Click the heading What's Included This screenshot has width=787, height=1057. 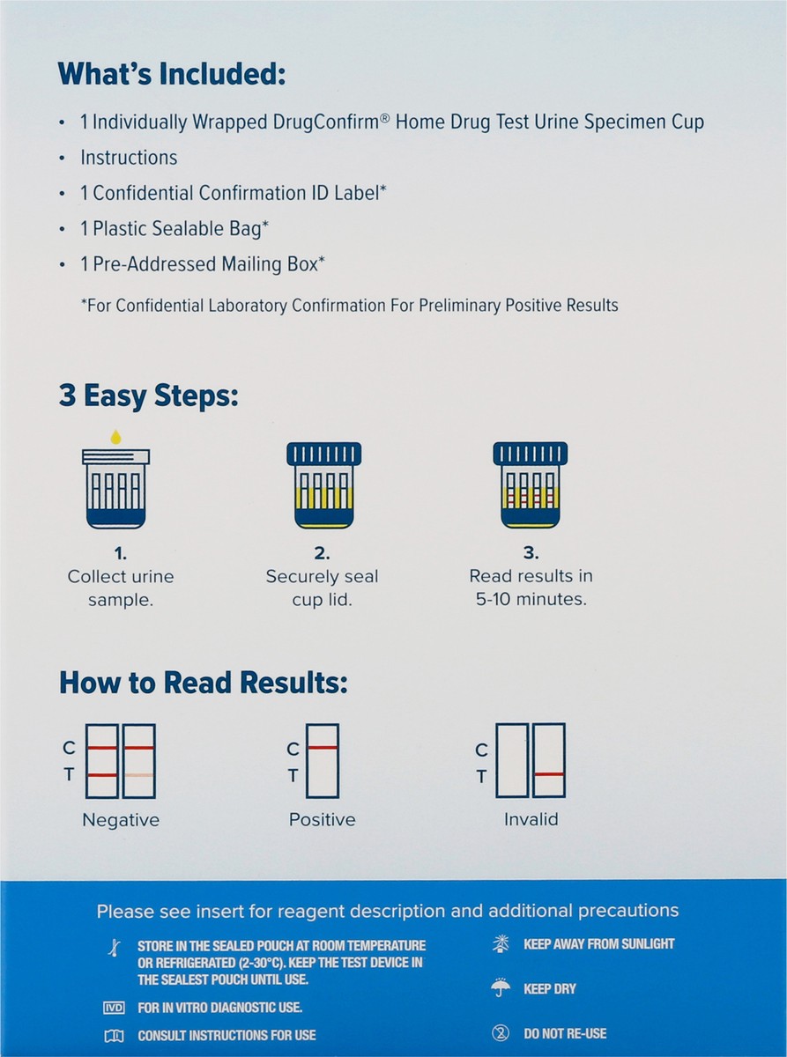coord(173,74)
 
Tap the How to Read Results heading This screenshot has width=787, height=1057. coord(204,683)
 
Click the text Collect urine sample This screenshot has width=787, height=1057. coord(121,587)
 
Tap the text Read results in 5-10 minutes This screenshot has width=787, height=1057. coord(531,587)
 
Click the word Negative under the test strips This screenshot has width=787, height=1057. coord(121,820)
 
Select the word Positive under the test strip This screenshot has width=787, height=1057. coord(323,819)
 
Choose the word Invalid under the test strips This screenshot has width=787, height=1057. coord(531,819)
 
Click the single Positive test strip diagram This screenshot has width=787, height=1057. coord(323,760)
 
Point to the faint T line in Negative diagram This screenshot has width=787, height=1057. coord(138,775)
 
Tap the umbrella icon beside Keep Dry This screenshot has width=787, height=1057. coord(501,988)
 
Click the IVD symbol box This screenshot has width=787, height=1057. coord(114,1008)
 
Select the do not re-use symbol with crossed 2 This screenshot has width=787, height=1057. coord(501,1033)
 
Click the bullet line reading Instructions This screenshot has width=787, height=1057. coord(129,158)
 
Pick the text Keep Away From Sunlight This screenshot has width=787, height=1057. coord(598,943)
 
